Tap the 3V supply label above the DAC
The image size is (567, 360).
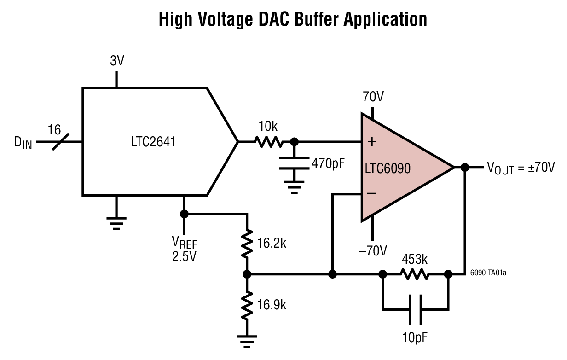coord(117,61)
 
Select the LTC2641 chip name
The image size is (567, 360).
coord(153,142)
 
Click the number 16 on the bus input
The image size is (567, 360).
coord(54,130)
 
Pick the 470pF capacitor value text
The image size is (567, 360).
coord(328,163)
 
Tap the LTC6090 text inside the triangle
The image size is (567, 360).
coord(388,168)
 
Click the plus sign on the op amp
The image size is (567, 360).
coord(372,142)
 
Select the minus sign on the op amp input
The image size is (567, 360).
coord(371,193)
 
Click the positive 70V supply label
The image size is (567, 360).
coord(373,98)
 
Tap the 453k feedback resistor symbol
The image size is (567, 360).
coord(414,275)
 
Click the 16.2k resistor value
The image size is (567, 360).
coord(272,243)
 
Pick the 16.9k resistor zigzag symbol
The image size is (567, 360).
coord(247,306)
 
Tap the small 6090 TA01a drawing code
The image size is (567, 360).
coord(488,273)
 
